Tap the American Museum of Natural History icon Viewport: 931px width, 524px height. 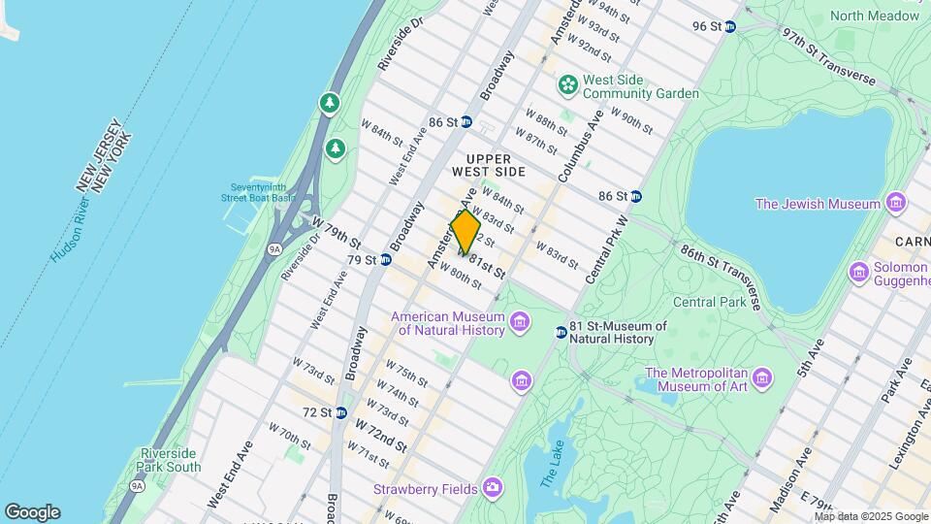pos(521,322)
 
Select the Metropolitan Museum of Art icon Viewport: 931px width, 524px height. pos(762,377)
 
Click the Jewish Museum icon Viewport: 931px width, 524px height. pos(895,204)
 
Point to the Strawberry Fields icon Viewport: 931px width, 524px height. pos(494,486)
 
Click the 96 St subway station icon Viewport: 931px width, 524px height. pos(730,26)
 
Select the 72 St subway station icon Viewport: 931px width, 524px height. pos(341,412)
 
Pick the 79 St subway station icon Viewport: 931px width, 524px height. pos(386,260)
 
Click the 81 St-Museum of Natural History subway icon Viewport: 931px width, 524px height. pos(561,333)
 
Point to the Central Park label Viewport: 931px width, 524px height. pos(709,302)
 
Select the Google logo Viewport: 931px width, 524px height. pos(32,511)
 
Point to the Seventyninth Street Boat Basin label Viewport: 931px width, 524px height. pos(263,193)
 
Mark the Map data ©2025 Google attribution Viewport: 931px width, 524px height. pos(870,516)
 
